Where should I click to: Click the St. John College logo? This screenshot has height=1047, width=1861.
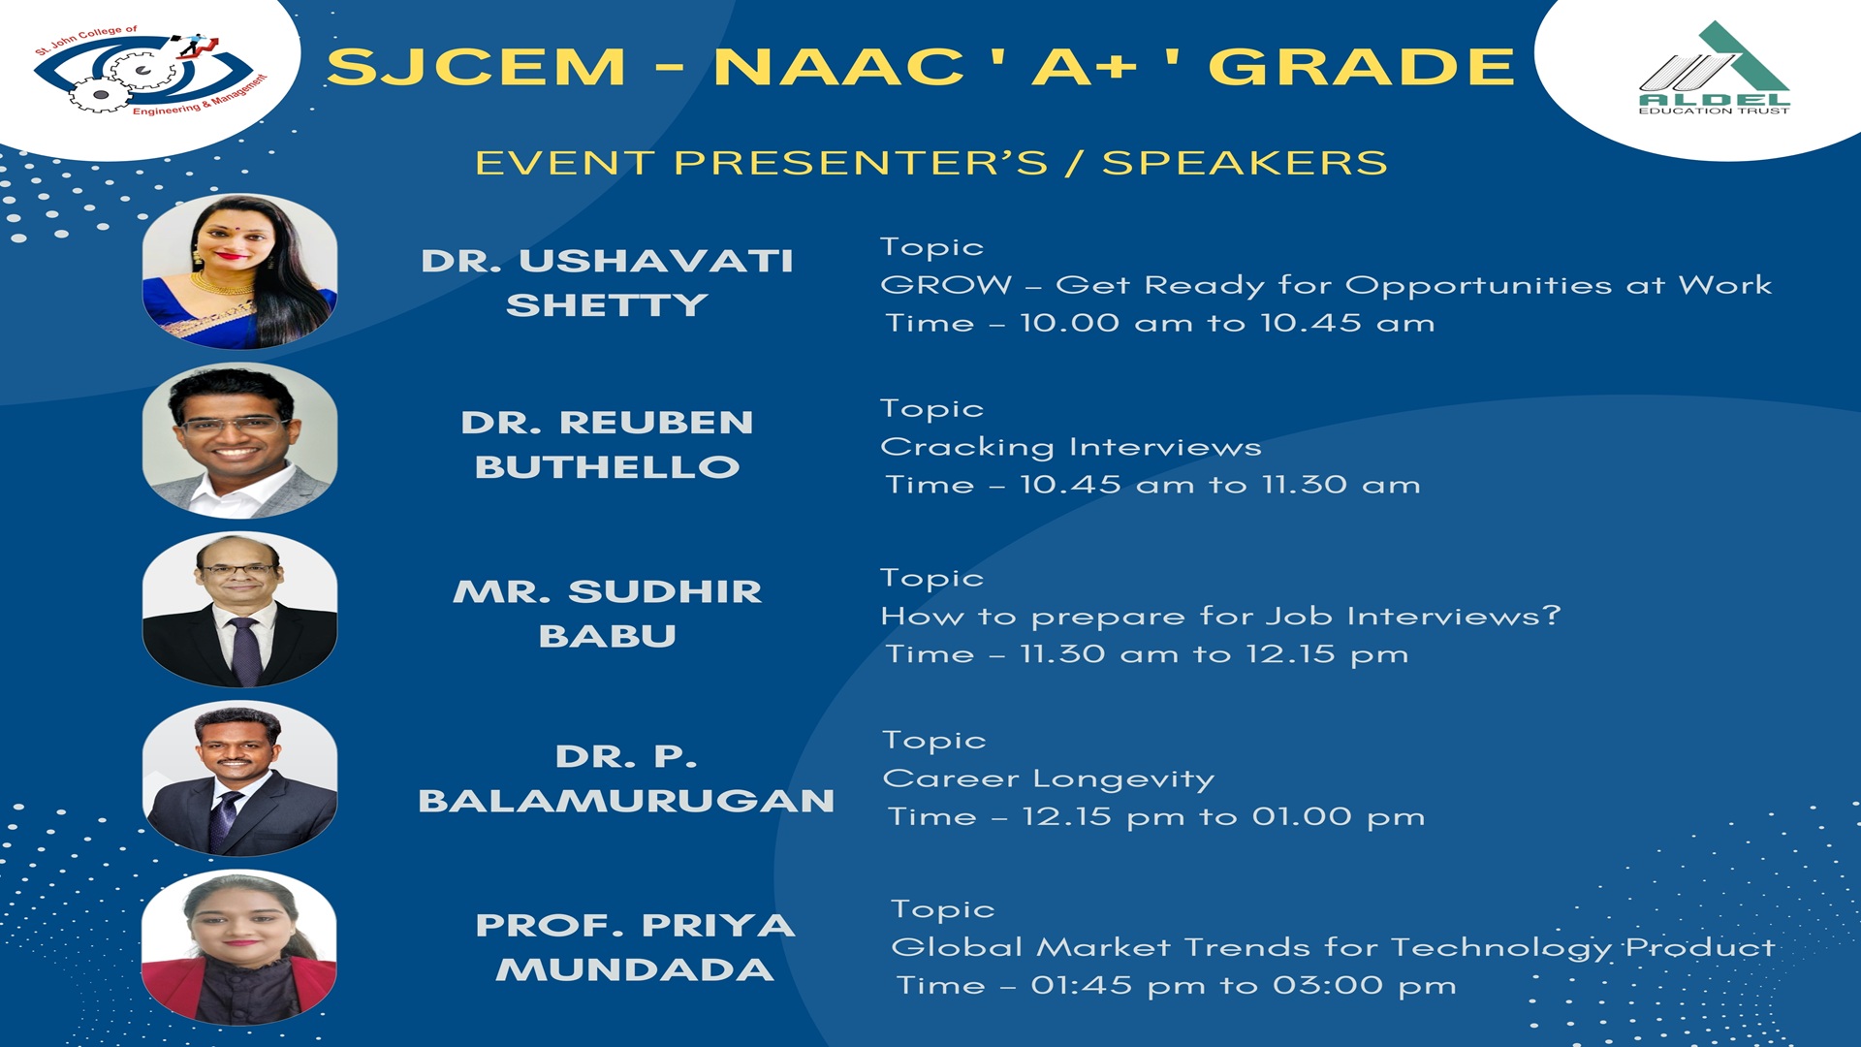(150, 73)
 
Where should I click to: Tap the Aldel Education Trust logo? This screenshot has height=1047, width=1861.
(1714, 68)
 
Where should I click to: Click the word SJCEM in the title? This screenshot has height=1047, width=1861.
(476, 67)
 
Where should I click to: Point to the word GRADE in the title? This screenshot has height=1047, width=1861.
(1361, 67)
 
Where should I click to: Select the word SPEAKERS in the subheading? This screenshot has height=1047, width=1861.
(1245, 163)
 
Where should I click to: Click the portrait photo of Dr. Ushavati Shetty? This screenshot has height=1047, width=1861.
(239, 271)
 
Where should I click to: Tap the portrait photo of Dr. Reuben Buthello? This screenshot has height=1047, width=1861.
(239, 440)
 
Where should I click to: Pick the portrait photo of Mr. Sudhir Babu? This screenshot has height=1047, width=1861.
(239, 610)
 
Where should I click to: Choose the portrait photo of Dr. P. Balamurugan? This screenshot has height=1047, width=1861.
(239, 778)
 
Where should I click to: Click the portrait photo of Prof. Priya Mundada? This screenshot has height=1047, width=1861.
(239, 947)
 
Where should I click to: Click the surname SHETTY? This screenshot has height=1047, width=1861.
(607, 305)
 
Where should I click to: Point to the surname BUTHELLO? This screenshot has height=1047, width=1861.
(607, 467)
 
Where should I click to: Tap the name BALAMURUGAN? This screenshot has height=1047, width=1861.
(626, 801)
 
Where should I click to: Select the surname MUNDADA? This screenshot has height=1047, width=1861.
(635, 969)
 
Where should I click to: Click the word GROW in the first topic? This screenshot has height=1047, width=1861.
(946, 285)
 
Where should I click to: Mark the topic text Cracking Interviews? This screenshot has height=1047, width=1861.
(1071, 447)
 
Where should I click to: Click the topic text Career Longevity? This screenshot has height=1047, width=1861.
(1049, 778)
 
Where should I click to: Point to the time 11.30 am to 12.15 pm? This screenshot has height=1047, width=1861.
(1214, 654)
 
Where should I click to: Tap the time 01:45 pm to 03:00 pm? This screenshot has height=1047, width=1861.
(1244, 986)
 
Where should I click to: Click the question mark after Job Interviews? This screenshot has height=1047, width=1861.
(1552, 615)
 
